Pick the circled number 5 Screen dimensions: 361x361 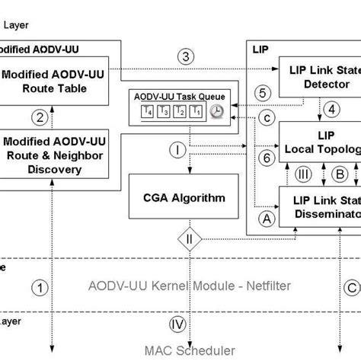261,94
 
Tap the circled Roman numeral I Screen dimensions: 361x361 177,150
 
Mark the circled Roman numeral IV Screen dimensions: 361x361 177,324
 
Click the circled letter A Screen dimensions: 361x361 266,218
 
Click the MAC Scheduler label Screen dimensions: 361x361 177,351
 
